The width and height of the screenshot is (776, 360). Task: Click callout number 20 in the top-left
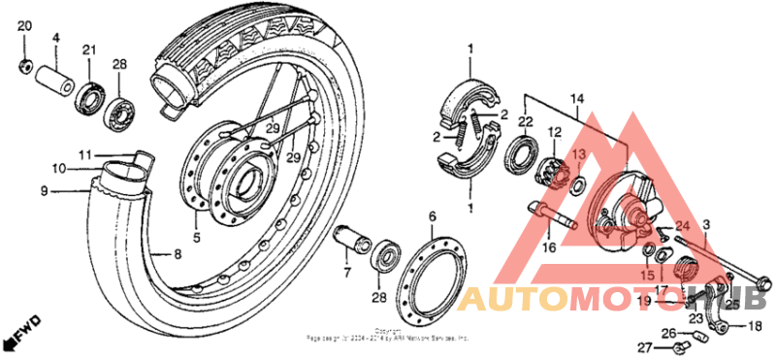pyautogui.click(x=24, y=25)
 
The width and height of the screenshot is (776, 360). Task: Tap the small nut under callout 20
pyautogui.click(x=24, y=67)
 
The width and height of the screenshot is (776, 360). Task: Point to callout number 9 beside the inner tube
pyautogui.click(x=44, y=191)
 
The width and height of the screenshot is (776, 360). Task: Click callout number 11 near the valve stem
pyautogui.click(x=85, y=154)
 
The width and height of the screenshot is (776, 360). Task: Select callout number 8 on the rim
pyautogui.click(x=178, y=255)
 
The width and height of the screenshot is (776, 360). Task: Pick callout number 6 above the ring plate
pyautogui.click(x=433, y=214)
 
